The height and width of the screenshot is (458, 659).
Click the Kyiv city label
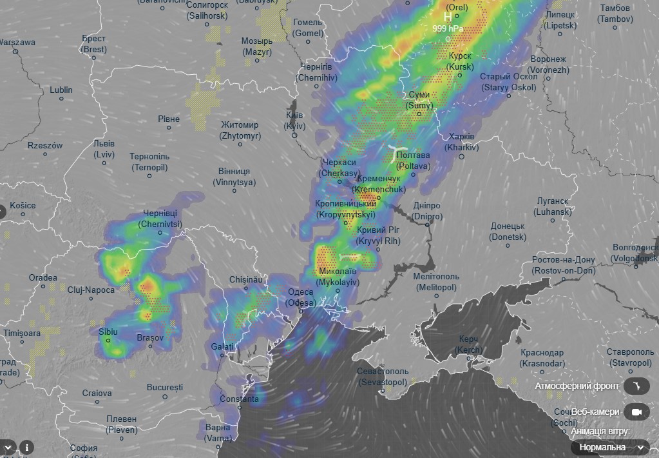click(295, 120)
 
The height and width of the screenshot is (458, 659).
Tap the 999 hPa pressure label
click(448, 28)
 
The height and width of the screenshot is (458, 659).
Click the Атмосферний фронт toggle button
click(636, 386)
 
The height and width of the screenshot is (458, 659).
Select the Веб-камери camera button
click(636, 412)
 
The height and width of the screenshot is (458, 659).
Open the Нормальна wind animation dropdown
click(609, 447)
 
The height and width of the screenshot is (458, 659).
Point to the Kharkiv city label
click(462, 142)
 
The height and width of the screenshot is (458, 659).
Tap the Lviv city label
click(104, 149)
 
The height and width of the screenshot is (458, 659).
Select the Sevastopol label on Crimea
click(383, 377)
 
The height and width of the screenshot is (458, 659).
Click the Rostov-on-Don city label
click(564, 265)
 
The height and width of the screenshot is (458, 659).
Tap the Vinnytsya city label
click(234, 177)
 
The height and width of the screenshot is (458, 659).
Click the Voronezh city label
click(549, 65)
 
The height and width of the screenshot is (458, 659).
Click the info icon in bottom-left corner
click(26, 446)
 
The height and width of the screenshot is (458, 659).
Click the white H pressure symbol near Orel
click(448, 17)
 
